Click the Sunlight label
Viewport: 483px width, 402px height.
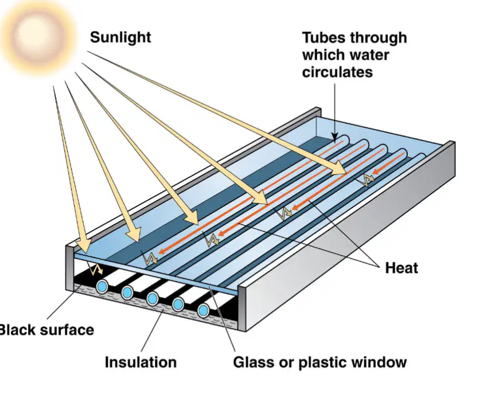click(120, 38)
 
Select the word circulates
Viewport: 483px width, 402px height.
click(337, 72)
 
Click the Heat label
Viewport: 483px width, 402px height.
click(402, 268)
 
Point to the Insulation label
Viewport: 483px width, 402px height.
click(141, 362)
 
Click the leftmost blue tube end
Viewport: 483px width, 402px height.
click(102, 287)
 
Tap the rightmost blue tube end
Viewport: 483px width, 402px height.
click(203, 310)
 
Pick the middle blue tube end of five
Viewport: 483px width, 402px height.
click(153, 299)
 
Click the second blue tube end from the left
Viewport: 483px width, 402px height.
click(127, 292)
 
